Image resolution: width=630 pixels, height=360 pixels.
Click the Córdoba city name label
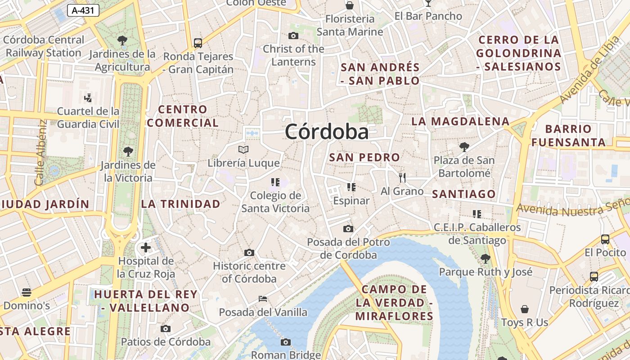327,132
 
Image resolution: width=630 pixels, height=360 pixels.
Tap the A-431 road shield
83,10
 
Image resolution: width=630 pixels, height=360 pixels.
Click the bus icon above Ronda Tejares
198,43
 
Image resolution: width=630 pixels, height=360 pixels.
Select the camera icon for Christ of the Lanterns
293,36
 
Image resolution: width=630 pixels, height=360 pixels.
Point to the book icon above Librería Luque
243,149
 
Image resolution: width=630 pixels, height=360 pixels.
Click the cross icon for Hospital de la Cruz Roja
146,247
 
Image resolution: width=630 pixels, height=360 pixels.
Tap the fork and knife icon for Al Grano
402,178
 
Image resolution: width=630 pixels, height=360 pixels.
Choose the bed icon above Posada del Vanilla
263,298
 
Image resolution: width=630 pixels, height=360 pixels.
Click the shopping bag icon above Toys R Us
525,309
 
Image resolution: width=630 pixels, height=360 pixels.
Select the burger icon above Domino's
27,292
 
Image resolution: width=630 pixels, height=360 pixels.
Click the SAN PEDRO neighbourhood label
364,157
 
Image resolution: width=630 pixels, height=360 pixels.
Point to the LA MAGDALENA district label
460,121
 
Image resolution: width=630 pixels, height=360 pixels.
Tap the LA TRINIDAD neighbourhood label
181,204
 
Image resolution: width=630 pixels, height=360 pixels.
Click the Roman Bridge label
286,355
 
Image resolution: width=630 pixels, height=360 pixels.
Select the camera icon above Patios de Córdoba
166,328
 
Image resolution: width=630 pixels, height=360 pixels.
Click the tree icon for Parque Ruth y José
485,258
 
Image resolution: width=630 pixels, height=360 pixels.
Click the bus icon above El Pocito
605,239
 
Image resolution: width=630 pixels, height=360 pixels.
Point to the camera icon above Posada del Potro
348,229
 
